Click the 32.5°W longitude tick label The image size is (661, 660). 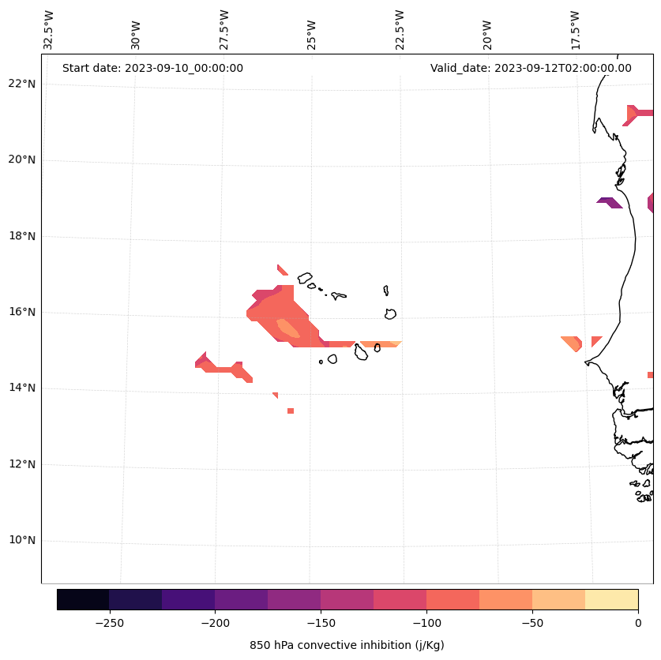click(x=49, y=30)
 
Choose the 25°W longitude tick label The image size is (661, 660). click(x=312, y=30)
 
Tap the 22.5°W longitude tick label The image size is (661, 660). click(x=400, y=30)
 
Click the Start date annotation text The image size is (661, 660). click(x=152, y=68)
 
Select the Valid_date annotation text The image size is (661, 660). click(x=531, y=68)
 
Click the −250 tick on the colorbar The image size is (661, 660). click(x=109, y=622)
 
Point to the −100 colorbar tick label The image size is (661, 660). click(x=426, y=622)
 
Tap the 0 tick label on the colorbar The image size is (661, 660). click(x=637, y=622)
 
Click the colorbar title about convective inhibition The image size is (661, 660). click(x=347, y=645)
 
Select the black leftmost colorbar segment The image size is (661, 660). click(x=83, y=599)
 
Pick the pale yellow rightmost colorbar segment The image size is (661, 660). click(x=611, y=599)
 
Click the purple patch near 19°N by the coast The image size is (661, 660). click(x=610, y=202)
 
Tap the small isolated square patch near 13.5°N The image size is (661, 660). click(x=291, y=411)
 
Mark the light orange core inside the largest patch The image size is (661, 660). click(x=287, y=328)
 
